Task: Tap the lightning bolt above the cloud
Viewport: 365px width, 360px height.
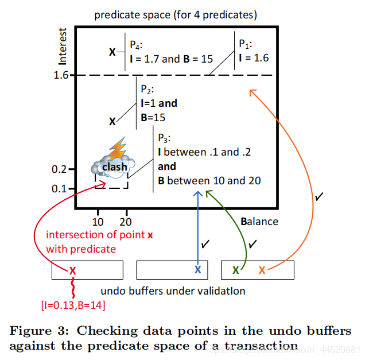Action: [x=118, y=149]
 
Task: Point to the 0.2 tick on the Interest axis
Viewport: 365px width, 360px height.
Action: [x=59, y=169]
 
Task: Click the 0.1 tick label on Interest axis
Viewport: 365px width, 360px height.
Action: [x=59, y=188]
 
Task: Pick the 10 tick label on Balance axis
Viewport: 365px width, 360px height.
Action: [x=98, y=221]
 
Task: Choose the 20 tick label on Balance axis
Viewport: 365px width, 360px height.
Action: [x=126, y=221]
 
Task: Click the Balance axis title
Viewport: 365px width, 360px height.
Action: [x=259, y=221]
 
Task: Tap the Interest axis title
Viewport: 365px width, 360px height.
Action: [x=64, y=47]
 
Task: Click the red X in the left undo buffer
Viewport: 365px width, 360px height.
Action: [x=73, y=270]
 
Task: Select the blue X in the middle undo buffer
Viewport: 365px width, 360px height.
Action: [x=198, y=270]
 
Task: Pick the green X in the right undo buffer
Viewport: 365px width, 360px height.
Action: [x=236, y=270]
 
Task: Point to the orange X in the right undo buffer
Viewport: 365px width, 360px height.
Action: [x=262, y=270]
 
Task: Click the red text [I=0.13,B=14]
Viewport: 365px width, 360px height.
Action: [x=73, y=305]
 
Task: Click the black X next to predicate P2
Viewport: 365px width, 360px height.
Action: [x=112, y=121]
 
